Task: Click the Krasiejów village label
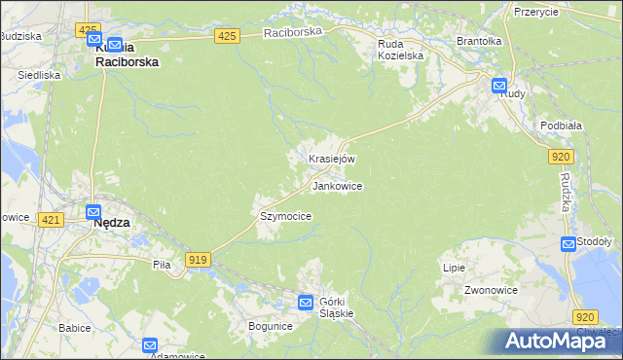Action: [x=332, y=159]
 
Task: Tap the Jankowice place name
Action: [x=337, y=185]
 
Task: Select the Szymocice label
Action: [x=285, y=216]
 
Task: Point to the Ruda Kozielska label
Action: [x=401, y=50]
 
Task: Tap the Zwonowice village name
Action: [x=490, y=290]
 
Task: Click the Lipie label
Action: [x=454, y=268]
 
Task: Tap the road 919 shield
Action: [x=199, y=259]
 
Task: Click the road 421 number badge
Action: [x=52, y=221]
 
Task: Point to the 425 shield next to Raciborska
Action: [x=227, y=36]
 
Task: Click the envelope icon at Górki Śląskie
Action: [x=306, y=303]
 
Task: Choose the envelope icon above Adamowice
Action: [x=150, y=344]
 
